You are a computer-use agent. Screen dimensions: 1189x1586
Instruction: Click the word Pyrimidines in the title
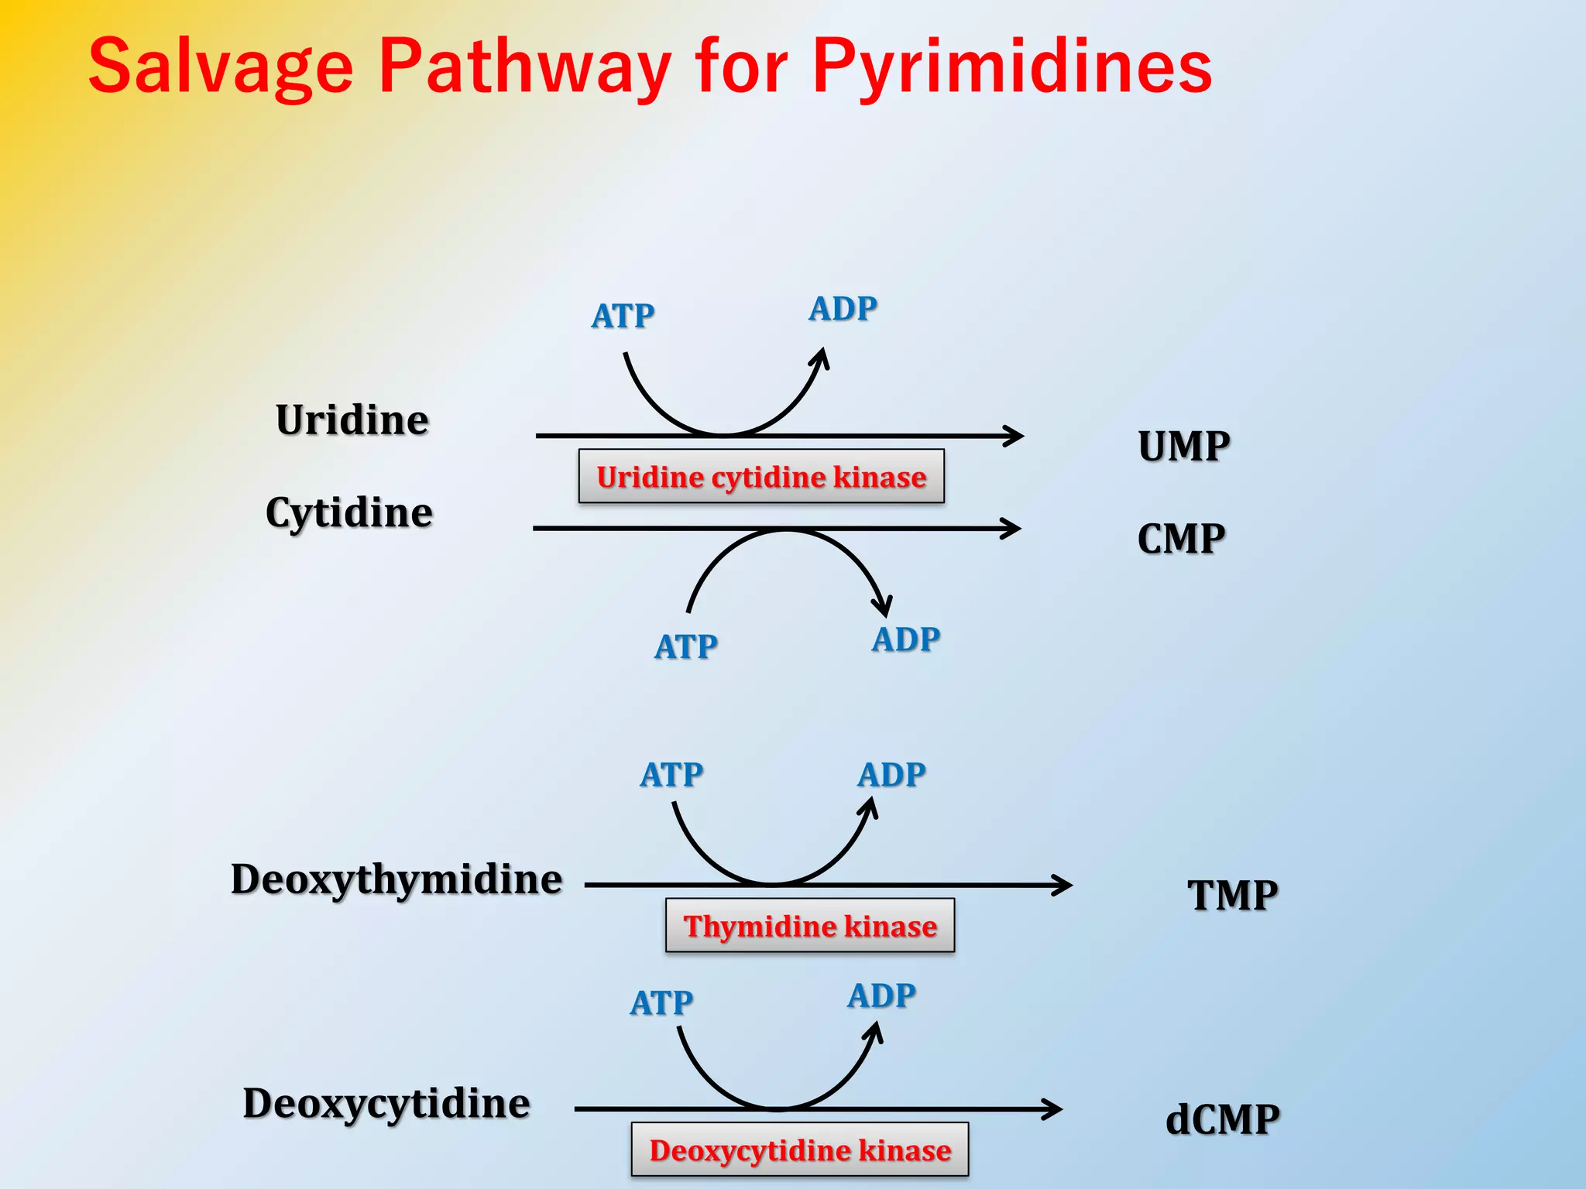pyautogui.click(x=1011, y=68)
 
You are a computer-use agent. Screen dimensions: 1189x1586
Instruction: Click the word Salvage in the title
pyautogui.click(x=221, y=68)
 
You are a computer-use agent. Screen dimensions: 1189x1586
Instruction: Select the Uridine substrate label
pyautogui.click(x=352, y=420)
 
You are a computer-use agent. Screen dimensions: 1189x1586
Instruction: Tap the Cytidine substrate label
pyautogui.click(x=348, y=513)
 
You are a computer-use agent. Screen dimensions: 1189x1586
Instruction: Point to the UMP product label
pyautogui.click(x=1184, y=447)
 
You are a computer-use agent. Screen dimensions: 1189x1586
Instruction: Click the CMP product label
pyautogui.click(x=1181, y=539)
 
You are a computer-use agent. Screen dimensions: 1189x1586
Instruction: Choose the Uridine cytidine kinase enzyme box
pyautogui.click(x=761, y=477)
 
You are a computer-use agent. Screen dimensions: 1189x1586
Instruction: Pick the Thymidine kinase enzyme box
pyautogui.click(x=810, y=926)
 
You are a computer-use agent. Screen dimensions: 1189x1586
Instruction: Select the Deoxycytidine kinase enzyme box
pyautogui.click(x=800, y=1150)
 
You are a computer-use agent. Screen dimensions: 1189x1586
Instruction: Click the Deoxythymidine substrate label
pyautogui.click(x=396, y=880)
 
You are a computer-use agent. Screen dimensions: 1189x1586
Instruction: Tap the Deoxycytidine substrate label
pyautogui.click(x=386, y=1104)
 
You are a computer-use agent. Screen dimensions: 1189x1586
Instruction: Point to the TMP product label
pyautogui.click(x=1233, y=896)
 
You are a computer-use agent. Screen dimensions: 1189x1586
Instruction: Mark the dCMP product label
pyautogui.click(x=1223, y=1120)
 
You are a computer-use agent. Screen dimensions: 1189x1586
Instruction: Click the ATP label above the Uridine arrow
pyautogui.click(x=623, y=316)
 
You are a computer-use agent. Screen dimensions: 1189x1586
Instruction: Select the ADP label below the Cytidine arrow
pyautogui.click(x=906, y=640)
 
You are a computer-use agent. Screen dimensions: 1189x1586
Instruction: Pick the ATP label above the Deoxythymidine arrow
pyautogui.click(x=671, y=775)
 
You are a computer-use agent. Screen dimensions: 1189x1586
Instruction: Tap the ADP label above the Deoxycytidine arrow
pyautogui.click(x=881, y=996)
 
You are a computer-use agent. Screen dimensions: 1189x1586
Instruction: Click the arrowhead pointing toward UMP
pyautogui.click(x=1015, y=436)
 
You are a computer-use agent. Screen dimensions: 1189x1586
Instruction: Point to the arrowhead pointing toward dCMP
pyautogui.click(x=1053, y=1109)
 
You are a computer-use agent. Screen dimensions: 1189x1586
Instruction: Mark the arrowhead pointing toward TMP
pyautogui.click(x=1063, y=885)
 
